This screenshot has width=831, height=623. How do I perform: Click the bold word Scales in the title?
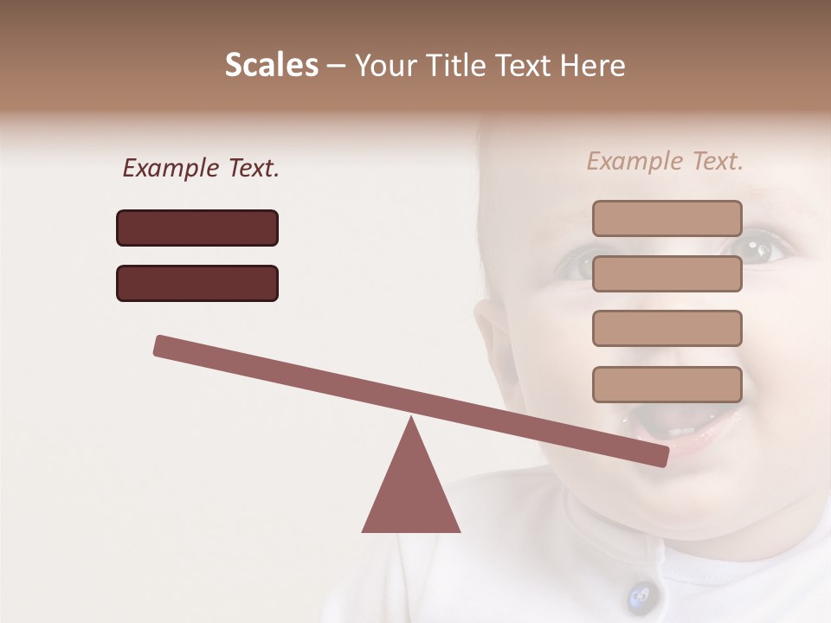(271, 65)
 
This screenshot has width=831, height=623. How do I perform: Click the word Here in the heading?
(593, 65)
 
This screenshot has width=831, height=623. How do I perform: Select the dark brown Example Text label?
(201, 169)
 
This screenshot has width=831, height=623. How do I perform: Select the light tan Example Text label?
(665, 161)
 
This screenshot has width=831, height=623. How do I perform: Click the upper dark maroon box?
(197, 228)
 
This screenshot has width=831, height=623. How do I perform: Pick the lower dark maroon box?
(197, 283)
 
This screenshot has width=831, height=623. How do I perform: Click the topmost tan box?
(667, 218)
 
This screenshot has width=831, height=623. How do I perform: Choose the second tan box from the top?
(667, 273)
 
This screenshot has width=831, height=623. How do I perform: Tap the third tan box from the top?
(667, 328)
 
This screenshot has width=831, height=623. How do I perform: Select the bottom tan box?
(667, 384)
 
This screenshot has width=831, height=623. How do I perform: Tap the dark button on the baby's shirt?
(641, 595)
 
